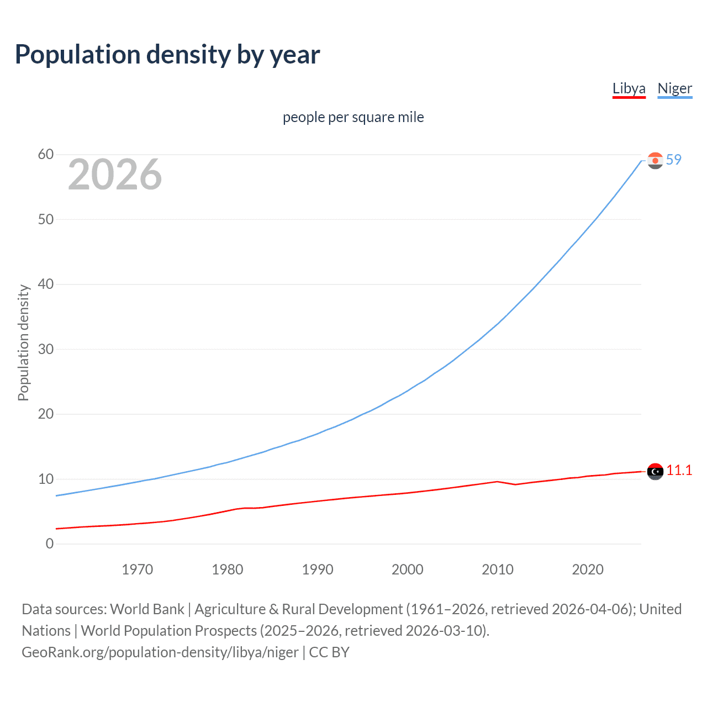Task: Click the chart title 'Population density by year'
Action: pyautogui.click(x=167, y=55)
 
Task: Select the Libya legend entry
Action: pyautogui.click(x=629, y=88)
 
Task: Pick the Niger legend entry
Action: pyautogui.click(x=674, y=88)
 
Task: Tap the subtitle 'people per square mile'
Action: pyautogui.click(x=353, y=118)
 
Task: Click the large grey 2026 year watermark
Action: pyautogui.click(x=115, y=175)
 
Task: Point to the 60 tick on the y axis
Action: pyautogui.click(x=46, y=155)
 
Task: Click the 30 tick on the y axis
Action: pyautogui.click(x=46, y=349)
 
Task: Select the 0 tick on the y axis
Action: pyautogui.click(x=50, y=544)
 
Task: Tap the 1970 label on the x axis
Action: pyautogui.click(x=137, y=569)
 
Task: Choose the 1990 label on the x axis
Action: pyautogui.click(x=317, y=569)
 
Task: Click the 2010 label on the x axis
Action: pyautogui.click(x=497, y=569)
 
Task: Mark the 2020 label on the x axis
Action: pyautogui.click(x=587, y=569)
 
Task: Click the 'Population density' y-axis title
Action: pyautogui.click(x=23, y=342)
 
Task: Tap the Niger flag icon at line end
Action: pyautogui.click(x=655, y=161)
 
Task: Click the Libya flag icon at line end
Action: pyautogui.click(x=655, y=472)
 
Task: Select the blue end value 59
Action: pyautogui.click(x=673, y=160)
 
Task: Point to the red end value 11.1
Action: pyautogui.click(x=679, y=471)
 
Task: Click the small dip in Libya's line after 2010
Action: pyautogui.click(x=515, y=484)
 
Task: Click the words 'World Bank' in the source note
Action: pyautogui.click(x=147, y=609)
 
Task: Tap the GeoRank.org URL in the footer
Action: pyautogui.click(x=160, y=652)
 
